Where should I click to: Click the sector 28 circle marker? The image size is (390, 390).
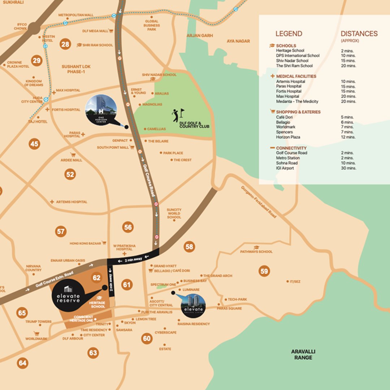pos(65,44)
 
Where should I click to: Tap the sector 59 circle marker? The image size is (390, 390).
pos(264,271)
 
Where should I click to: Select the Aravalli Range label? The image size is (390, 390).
pos(303,354)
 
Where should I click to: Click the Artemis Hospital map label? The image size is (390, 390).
pos(71,202)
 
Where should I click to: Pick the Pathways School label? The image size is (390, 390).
pos(256,252)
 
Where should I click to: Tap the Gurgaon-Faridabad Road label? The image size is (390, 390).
pos(259,202)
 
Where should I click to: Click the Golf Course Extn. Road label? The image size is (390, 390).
pos(54,279)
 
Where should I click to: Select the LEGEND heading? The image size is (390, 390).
pos(289,34)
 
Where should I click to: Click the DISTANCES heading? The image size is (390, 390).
pos(359,34)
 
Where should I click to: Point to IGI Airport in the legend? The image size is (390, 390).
pos(285,168)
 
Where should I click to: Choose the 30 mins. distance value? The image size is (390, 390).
pos(348,168)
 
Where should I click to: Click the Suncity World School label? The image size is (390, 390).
pos(174,213)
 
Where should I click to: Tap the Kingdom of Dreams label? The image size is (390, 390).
pos(34,83)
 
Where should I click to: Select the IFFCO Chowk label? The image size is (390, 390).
pos(20,26)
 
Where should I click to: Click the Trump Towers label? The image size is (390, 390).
pos(38,322)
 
